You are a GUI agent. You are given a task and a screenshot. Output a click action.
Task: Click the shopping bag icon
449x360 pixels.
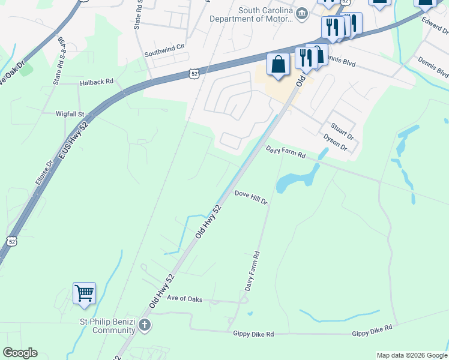pos(278,64)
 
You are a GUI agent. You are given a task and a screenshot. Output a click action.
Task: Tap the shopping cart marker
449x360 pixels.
pos(85,293)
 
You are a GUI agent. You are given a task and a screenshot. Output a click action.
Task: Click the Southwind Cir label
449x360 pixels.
pos(164,54)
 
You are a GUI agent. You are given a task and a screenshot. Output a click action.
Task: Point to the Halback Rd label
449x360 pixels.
pos(96,82)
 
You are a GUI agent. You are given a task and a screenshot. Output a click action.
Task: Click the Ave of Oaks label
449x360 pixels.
pos(184,298)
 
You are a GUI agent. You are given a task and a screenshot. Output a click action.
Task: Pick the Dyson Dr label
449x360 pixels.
pos(335,142)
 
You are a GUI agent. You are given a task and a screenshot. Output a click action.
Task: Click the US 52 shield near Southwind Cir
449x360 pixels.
pos(193,73)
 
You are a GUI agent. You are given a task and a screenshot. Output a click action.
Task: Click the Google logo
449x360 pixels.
pos(20,353)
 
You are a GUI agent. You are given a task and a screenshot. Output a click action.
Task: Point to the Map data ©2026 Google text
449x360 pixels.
pos(412,355)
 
